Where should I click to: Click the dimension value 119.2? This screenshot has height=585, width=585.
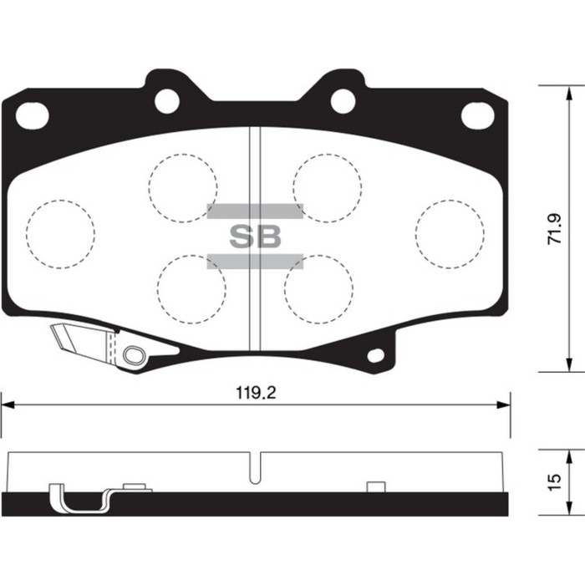tap(255, 391)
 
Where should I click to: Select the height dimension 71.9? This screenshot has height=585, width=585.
tap(554, 227)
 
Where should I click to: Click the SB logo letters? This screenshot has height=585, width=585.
tap(255, 237)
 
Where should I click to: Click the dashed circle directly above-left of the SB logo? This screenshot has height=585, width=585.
tap(183, 187)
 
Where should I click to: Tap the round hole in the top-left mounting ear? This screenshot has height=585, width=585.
tap(167, 101)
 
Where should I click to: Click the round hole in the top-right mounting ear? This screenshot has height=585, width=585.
tap(343, 101)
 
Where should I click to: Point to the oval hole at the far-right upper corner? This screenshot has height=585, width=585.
tap(477, 113)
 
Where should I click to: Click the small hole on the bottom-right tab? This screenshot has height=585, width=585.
tap(376, 355)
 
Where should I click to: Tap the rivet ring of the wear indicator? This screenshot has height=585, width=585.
tap(132, 356)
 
